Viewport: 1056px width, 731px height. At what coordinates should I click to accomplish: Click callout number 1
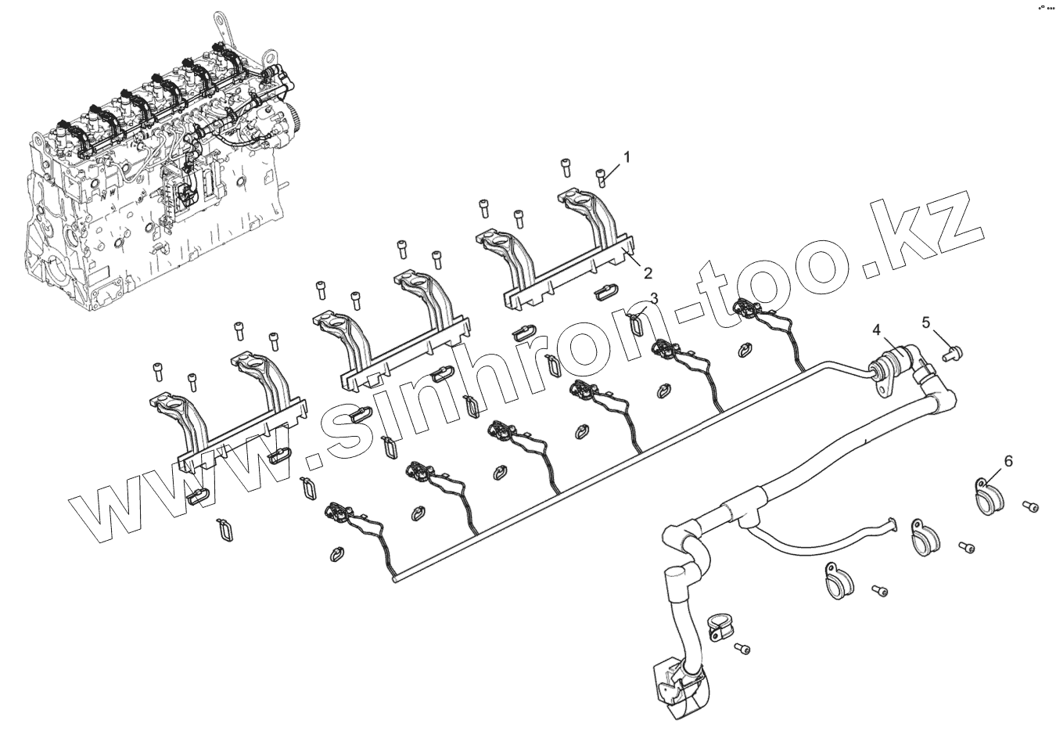(x=626, y=157)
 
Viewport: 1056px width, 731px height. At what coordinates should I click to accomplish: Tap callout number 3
(x=654, y=298)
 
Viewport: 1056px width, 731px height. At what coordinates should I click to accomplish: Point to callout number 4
(x=878, y=330)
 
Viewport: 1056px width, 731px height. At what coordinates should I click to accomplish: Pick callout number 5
(x=926, y=322)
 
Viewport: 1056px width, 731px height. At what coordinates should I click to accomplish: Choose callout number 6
(x=1008, y=462)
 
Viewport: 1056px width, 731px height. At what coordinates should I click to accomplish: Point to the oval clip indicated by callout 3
(x=638, y=321)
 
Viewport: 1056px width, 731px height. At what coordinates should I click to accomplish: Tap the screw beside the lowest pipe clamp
(x=742, y=649)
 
